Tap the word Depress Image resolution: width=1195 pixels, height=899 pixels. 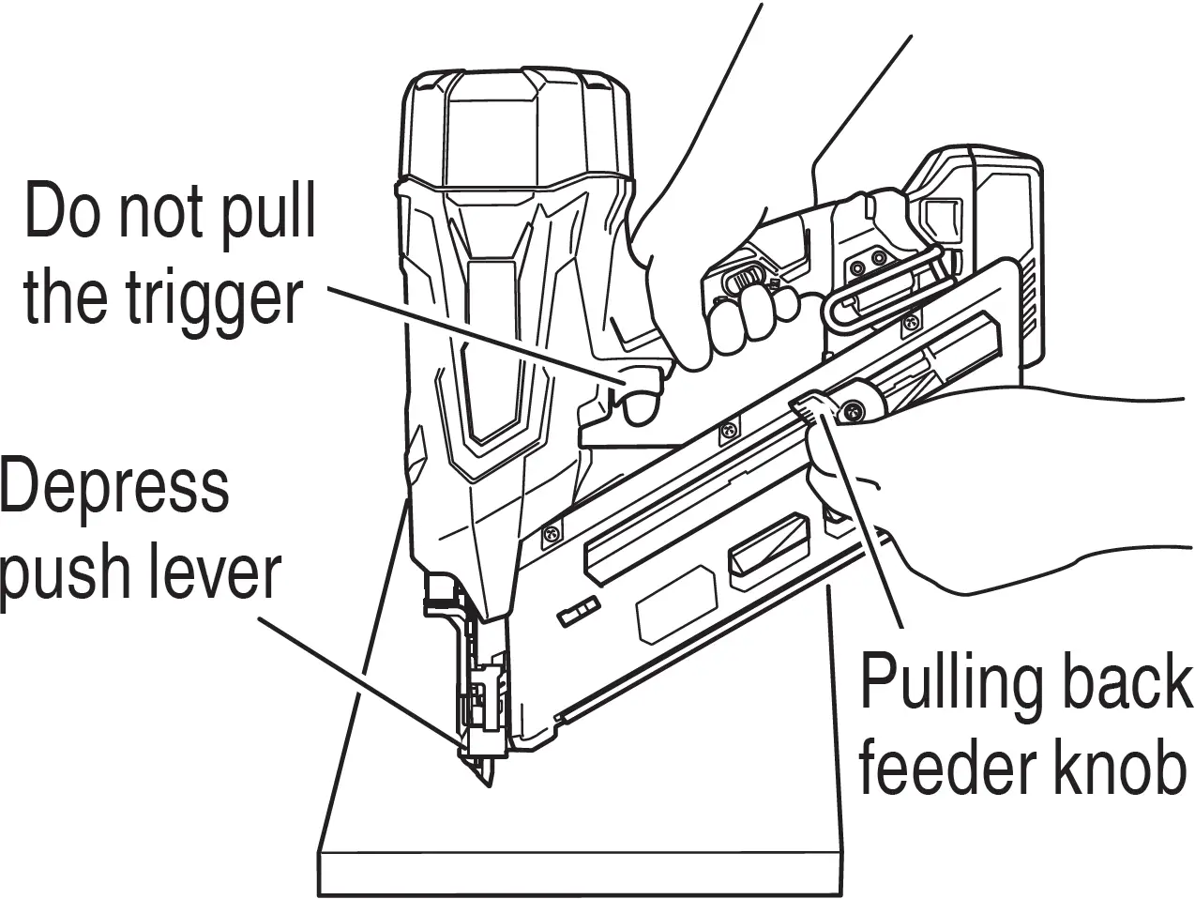point(114,487)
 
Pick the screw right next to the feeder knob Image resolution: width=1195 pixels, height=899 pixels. point(855,410)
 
